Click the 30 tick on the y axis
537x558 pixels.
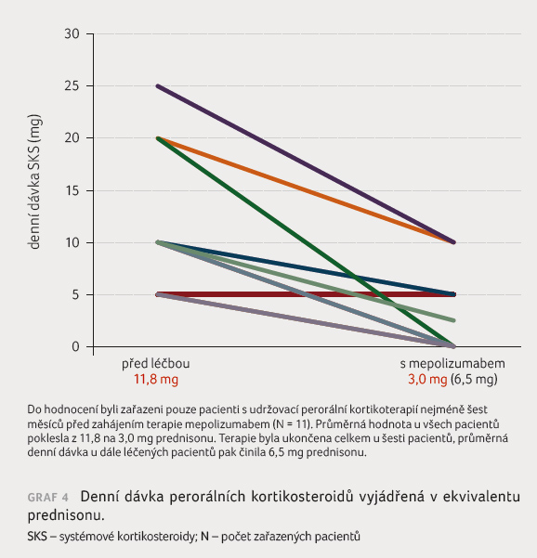[x=72, y=33]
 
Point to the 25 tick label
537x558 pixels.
[x=72, y=86]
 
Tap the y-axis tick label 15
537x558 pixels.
[x=72, y=190]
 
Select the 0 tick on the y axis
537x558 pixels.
[x=75, y=346]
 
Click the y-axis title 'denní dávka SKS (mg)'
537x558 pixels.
[x=34, y=182]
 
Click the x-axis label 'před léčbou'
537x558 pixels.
[x=155, y=363]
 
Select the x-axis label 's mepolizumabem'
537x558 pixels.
[x=452, y=364]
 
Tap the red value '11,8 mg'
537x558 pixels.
[x=156, y=380]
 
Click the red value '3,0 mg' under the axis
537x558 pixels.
[x=427, y=380]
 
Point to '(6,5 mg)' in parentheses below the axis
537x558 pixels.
[x=474, y=380]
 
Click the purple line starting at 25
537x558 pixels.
[x=306, y=164]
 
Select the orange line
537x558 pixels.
[x=306, y=190]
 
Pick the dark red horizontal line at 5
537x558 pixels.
[x=306, y=294]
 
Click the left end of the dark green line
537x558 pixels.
[x=158, y=138]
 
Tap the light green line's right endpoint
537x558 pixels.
[x=453, y=320]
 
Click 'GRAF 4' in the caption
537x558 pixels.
[x=47, y=497]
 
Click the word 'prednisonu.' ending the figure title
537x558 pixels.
[x=66, y=515]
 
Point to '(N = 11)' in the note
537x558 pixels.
[x=292, y=424]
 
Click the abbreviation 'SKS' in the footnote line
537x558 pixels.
[x=37, y=537]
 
